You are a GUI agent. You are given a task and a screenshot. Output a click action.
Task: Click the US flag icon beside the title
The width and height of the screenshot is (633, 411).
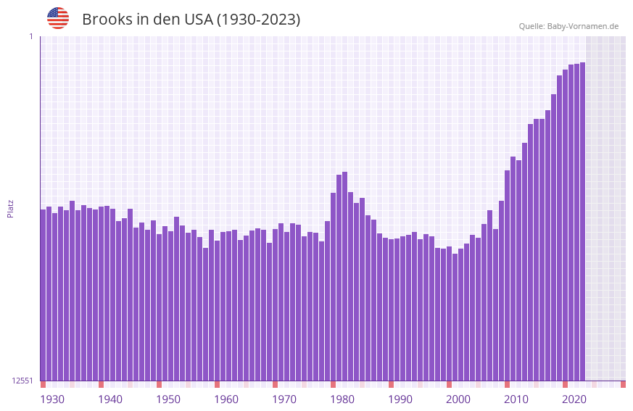(x=58, y=18)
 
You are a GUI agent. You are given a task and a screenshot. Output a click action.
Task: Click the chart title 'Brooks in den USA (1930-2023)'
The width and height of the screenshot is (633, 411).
(x=191, y=20)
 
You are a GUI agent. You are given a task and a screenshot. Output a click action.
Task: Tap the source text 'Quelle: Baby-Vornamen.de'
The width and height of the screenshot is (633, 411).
(x=568, y=26)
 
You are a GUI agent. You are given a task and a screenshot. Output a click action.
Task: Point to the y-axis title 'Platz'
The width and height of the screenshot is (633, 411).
(x=10, y=208)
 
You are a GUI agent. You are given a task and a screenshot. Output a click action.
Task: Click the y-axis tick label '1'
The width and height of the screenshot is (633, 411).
(x=30, y=36)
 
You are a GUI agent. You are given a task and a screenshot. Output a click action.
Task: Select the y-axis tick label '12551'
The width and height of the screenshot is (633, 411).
(x=22, y=381)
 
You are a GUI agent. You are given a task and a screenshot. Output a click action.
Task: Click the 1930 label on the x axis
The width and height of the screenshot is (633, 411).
(x=52, y=399)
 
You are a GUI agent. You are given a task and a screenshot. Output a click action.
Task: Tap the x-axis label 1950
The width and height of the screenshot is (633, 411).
(x=168, y=399)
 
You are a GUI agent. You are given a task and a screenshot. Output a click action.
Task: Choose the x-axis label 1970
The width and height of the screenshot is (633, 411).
(x=284, y=399)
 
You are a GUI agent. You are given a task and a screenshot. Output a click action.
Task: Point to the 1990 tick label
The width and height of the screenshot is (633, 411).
(x=400, y=399)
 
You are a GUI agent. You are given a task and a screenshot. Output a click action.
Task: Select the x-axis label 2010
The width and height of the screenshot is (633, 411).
(x=516, y=399)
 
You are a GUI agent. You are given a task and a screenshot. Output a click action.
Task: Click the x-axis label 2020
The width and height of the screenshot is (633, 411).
(x=574, y=399)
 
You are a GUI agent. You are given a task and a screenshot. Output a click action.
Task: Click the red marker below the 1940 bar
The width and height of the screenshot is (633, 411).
(x=101, y=384)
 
